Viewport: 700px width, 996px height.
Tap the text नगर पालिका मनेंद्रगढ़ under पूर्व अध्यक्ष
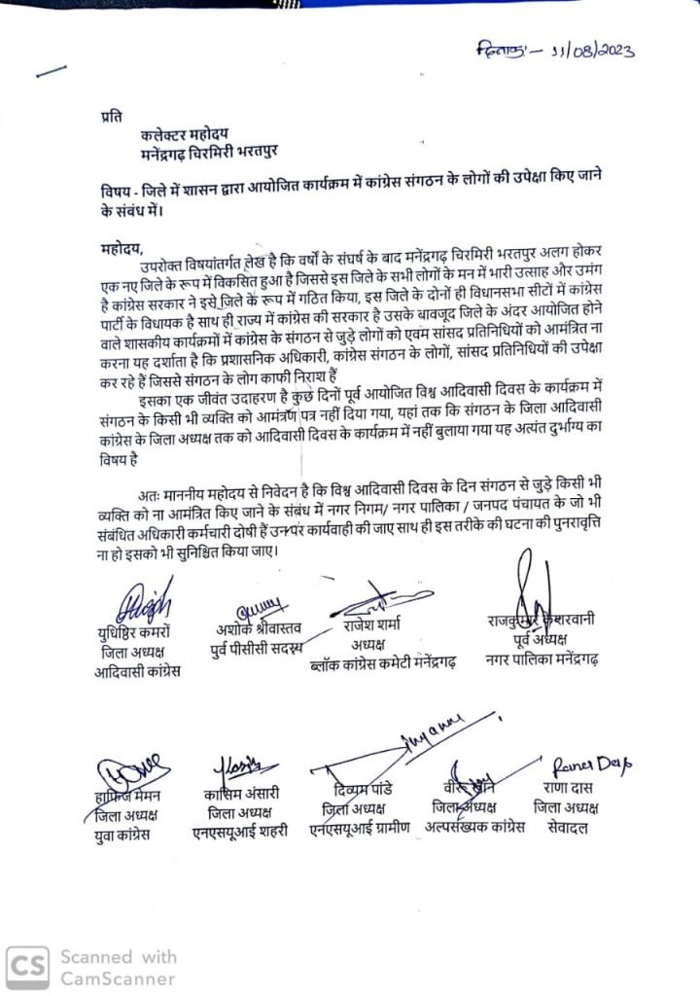(545, 661)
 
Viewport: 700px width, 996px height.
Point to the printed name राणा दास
(566, 789)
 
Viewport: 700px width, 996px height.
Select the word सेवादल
(567, 828)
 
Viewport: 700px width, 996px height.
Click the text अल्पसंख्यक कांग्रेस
(475, 828)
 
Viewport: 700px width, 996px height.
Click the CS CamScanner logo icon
(28, 966)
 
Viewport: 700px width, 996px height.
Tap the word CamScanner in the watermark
(118, 978)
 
